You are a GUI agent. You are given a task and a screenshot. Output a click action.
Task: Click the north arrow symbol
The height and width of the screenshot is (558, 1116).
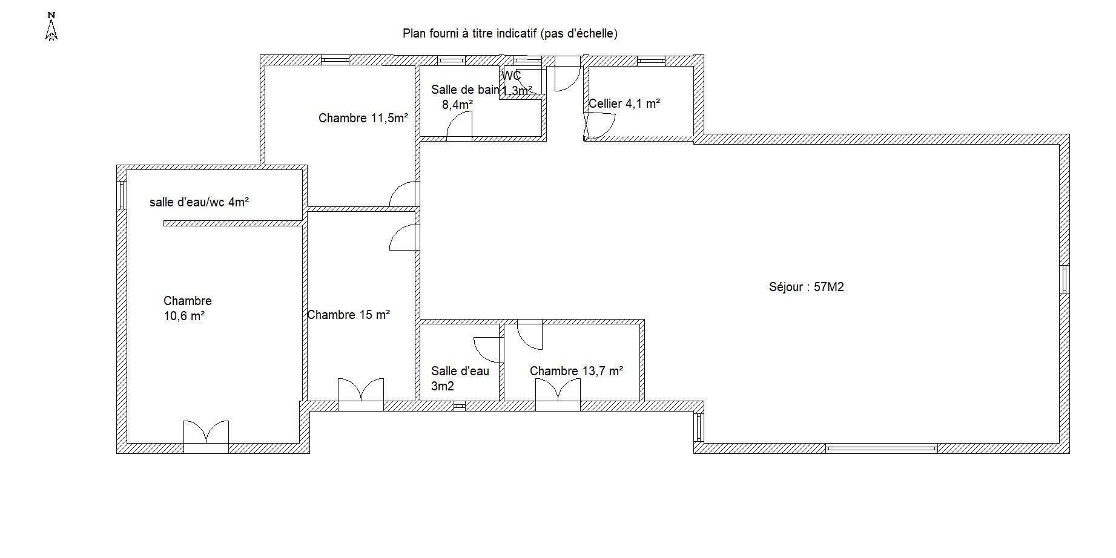coord(51,27)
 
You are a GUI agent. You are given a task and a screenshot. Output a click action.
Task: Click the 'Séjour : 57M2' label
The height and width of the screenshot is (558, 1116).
coord(806,287)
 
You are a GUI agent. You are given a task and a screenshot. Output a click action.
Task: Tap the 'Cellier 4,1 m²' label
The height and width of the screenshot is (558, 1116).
coord(624,103)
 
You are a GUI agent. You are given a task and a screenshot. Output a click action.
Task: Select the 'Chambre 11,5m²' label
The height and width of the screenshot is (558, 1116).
coord(363,118)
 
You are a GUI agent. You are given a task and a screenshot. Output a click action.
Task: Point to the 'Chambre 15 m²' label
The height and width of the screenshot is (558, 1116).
coord(348,315)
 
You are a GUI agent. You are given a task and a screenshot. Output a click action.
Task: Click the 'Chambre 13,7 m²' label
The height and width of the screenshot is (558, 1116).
coord(576,371)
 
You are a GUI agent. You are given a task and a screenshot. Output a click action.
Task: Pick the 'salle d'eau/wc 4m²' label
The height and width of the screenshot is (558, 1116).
coord(199,202)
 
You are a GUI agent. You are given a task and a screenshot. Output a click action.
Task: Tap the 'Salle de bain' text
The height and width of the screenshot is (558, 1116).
coord(465,90)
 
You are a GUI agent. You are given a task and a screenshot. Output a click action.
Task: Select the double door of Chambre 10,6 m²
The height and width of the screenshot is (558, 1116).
coord(206,436)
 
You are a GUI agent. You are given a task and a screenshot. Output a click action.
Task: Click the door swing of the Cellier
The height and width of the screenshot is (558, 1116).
coord(599,126)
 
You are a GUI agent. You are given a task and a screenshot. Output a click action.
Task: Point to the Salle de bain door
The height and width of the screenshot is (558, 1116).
coord(459,127)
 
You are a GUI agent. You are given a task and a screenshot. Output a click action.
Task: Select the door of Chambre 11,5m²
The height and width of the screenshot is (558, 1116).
coord(404,194)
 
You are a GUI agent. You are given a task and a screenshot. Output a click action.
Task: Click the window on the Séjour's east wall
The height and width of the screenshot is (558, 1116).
coord(1064,280)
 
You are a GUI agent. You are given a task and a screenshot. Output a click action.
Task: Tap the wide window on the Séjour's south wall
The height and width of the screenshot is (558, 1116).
coord(881,448)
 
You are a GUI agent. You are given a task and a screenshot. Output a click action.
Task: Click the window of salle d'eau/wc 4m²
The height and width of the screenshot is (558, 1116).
coord(122,195)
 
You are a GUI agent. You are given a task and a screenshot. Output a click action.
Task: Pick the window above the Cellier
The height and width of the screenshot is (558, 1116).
coord(651,61)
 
